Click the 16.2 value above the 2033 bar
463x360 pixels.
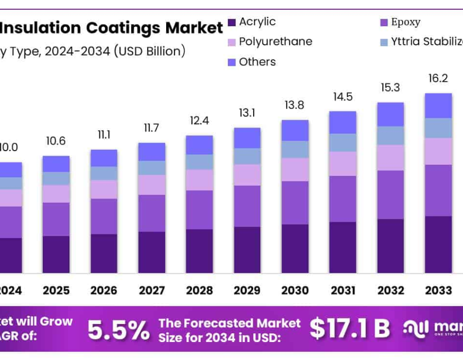(x=438, y=78)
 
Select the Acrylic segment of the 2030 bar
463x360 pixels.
(x=295, y=248)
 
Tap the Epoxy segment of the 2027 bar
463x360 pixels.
(x=152, y=213)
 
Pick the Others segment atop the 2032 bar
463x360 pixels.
(x=390, y=114)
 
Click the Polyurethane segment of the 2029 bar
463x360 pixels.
(x=247, y=175)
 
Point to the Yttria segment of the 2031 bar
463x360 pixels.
(x=343, y=142)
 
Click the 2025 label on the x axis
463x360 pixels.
(x=56, y=290)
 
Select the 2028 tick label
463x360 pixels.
(x=199, y=290)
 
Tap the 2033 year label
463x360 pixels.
(x=438, y=290)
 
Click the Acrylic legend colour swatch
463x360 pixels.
(x=232, y=22)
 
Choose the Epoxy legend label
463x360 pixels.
(x=405, y=22)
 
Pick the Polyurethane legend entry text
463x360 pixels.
(x=276, y=42)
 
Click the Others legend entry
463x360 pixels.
(x=257, y=62)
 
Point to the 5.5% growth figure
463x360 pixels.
(x=118, y=330)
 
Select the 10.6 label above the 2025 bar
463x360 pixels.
(x=56, y=141)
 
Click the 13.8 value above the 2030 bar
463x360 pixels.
(x=295, y=105)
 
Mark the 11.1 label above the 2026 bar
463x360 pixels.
(x=104, y=135)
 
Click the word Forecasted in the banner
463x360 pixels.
(x=240, y=323)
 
